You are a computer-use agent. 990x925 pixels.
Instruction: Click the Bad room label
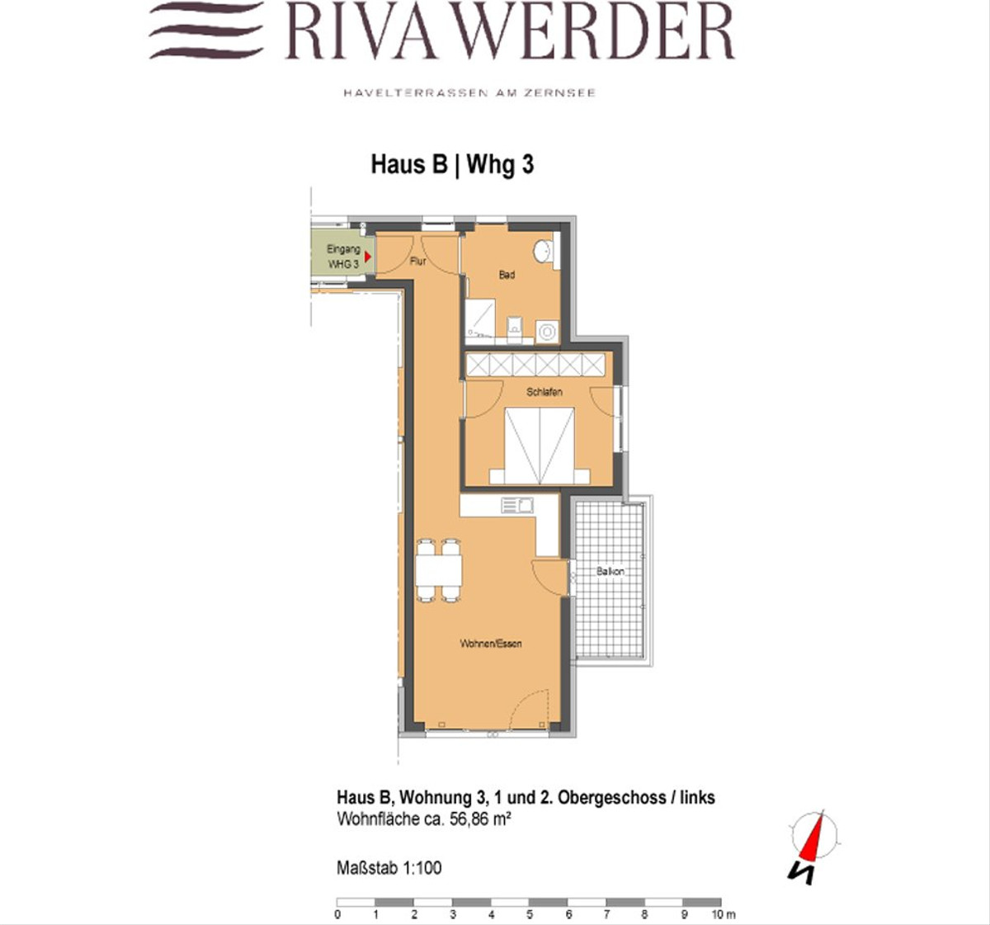click(x=507, y=275)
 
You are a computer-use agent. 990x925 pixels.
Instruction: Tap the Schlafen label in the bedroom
click(x=544, y=392)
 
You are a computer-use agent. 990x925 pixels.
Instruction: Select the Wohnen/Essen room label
click(x=491, y=644)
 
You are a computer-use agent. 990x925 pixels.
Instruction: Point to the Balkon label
click(x=610, y=572)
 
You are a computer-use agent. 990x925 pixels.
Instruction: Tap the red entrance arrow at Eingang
click(x=368, y=257)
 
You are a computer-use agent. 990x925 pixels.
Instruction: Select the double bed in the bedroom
click(x=540, y=446)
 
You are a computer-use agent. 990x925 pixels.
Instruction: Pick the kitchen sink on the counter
click(x=517, y=506)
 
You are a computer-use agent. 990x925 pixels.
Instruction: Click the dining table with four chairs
click(x=439, y=570)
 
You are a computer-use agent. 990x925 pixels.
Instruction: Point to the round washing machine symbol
click(x=548, y=332)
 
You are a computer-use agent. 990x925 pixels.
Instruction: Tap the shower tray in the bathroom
click(x=480, y=319)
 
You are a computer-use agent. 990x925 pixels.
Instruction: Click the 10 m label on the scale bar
click(x=723, y=914)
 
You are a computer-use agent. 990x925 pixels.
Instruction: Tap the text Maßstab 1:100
click(x=389, y=868)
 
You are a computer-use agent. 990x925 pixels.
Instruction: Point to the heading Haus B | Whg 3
click(x=452, y=164)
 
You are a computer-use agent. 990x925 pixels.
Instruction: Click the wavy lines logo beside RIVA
click(x=206, y=31)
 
